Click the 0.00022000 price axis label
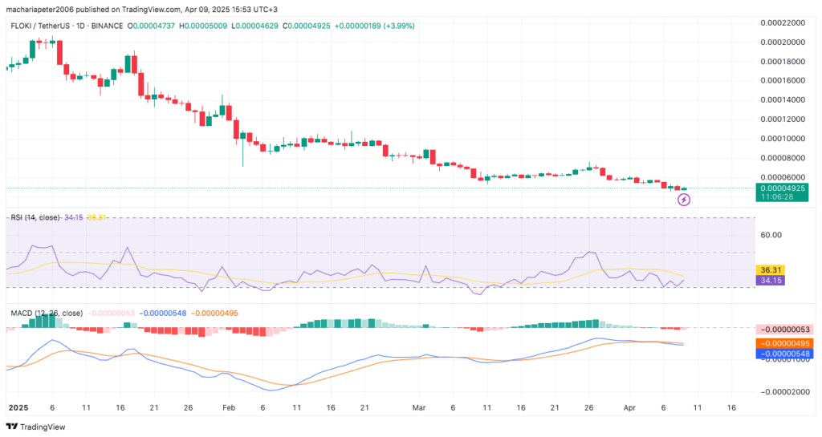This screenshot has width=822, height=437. point(782,22)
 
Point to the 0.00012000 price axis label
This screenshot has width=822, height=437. point(782,119)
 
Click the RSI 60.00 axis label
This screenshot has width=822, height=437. point(772,235)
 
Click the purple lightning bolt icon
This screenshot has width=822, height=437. point(684,199)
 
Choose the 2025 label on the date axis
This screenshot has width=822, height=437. point(18,407)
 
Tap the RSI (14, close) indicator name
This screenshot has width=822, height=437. point(34,217)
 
